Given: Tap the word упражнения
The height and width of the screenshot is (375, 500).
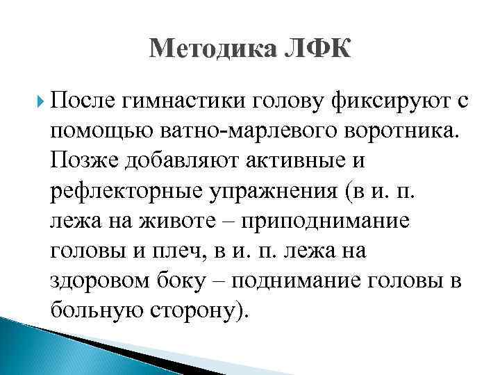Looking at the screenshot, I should coord(263,190).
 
